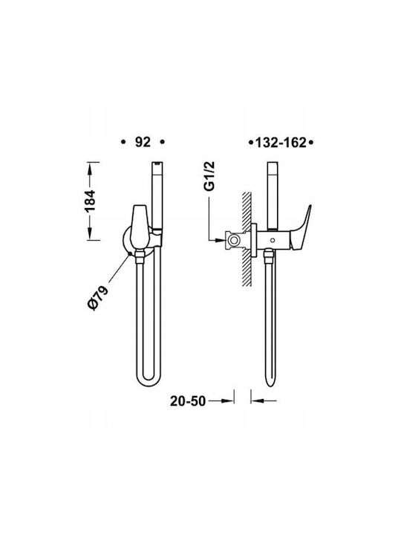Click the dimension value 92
point(143,142)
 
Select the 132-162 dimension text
point(281,143)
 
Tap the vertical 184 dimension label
point(91,201)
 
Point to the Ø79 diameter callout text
point(98,297)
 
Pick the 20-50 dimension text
point(188,401)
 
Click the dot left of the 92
point(123,142)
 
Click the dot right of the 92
point(163,142)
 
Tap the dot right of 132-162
point(310,143)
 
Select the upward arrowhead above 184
point(91,167)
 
